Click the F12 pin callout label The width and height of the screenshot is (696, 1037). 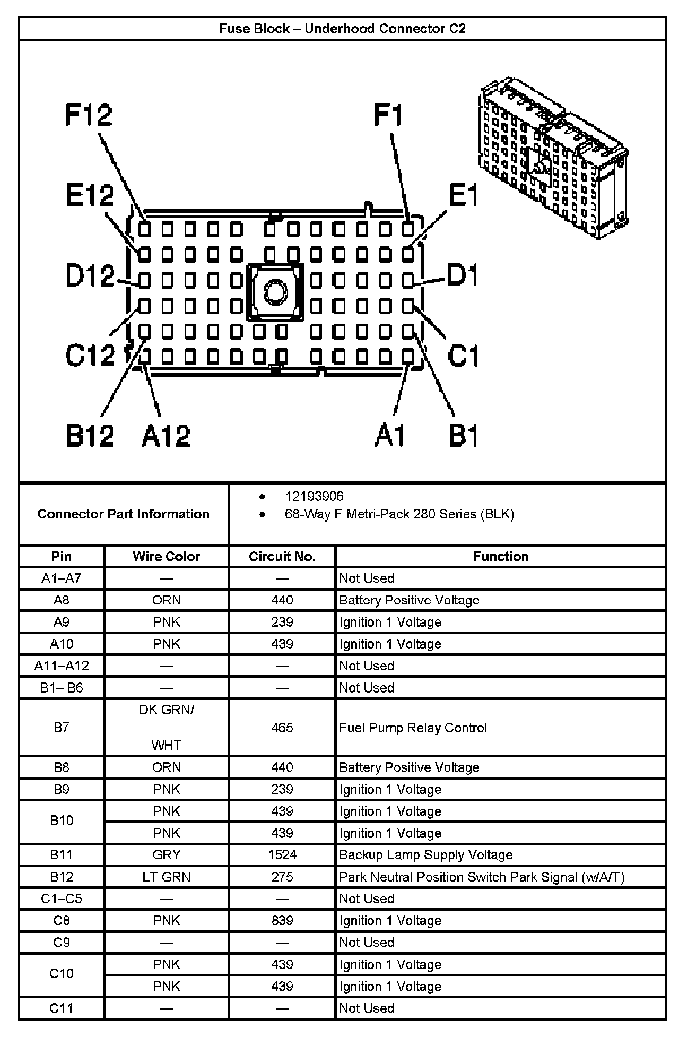89,115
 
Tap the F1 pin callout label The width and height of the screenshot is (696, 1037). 388,115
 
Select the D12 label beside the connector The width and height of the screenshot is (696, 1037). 90,276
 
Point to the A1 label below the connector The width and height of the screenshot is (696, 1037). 390,436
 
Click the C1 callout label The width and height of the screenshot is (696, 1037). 463,355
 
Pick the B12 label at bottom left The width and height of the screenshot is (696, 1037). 90,436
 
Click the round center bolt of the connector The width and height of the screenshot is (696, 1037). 275,292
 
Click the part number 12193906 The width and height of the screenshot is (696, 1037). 314,496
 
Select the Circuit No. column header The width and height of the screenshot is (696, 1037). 282,556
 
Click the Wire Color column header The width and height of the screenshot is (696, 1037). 167,556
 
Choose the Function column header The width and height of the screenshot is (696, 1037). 501,556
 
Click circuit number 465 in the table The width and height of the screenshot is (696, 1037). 282,728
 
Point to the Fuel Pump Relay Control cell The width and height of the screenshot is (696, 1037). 413,728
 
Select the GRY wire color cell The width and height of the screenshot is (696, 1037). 167,855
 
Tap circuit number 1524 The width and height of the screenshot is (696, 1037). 282,855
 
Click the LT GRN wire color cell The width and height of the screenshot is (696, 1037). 167,877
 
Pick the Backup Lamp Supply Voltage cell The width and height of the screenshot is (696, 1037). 425,855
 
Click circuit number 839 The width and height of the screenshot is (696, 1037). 282,920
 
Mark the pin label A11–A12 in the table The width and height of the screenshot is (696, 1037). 62,666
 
